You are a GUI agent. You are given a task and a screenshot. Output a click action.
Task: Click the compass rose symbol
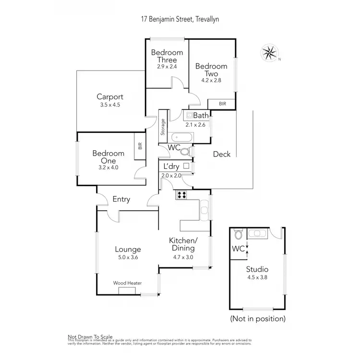click(269, 52)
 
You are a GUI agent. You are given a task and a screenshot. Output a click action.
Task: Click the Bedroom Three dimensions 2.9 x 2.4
click(167, 67)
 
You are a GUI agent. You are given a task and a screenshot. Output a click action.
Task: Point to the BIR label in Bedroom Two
click(222, 103)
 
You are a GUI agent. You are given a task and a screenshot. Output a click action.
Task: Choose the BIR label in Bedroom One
click(140, 146)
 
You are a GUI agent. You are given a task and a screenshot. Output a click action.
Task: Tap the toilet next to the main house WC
click(187, 151)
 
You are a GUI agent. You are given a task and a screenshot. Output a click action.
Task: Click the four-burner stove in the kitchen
click(182, 194)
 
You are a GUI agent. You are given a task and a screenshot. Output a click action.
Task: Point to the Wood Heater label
click(127, 283)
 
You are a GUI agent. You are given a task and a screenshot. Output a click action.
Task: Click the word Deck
click(222, 154)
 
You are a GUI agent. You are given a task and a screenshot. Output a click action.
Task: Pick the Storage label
click(163, 127)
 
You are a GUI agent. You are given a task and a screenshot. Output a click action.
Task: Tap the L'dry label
click(172, 166)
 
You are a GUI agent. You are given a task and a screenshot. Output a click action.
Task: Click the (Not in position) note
click(257, 318)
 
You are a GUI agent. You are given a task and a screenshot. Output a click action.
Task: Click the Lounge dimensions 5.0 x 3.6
click(127, 257)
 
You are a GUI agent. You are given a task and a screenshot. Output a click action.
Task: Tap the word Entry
click(121, 200)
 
